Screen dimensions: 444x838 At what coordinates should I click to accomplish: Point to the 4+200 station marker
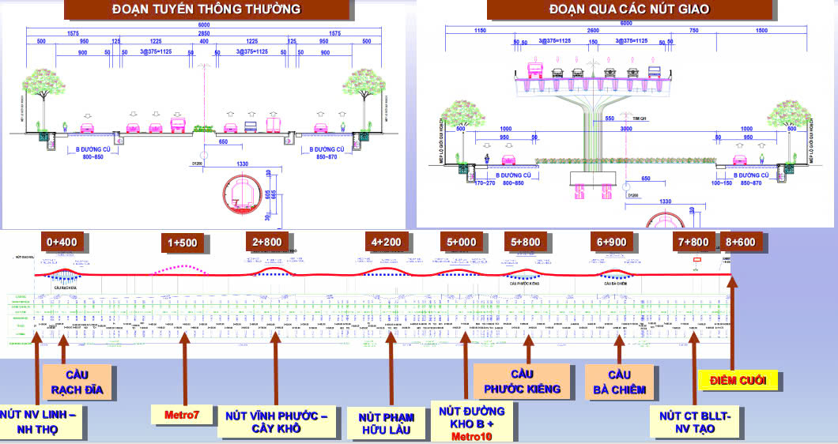[388, 241]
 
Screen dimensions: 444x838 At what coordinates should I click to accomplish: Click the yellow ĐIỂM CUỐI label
[738, 382]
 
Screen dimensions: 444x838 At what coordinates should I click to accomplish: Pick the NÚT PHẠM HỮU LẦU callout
[387, 421]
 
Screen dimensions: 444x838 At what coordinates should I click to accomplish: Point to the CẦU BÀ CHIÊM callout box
[619, 382]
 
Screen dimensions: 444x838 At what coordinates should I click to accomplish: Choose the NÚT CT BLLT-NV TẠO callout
[696, 422]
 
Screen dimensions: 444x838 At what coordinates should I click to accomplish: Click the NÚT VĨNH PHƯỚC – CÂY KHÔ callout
[277, 422]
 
